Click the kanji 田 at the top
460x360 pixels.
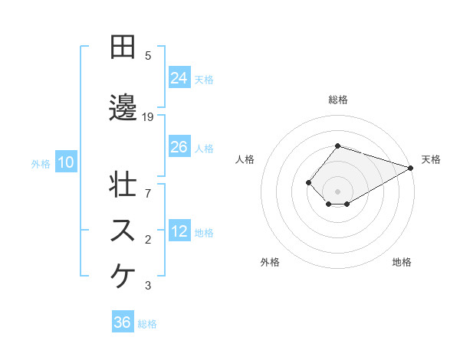click(123, 47)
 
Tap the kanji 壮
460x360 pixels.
click(123, 186)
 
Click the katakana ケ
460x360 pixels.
click(123, 277)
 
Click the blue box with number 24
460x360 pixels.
click(179, 77)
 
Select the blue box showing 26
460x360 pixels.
click(179, 147)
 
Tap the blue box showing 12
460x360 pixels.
click(179, 231)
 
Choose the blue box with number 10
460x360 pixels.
click(65, 162)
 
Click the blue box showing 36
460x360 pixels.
click(123, 322)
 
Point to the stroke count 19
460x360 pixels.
click(149, 117)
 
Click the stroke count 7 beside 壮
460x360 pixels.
click(148, 186)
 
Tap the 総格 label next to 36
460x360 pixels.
click(147, 324)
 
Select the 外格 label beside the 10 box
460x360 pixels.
click(41, 163)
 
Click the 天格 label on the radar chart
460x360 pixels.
click(431, 159)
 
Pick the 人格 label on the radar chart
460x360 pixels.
click(245, 159)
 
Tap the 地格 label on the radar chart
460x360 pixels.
click(402, 262)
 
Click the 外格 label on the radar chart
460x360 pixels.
click(270, 262)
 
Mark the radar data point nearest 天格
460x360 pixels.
click(411, 168)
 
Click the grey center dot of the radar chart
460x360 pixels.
click(337, 191)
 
